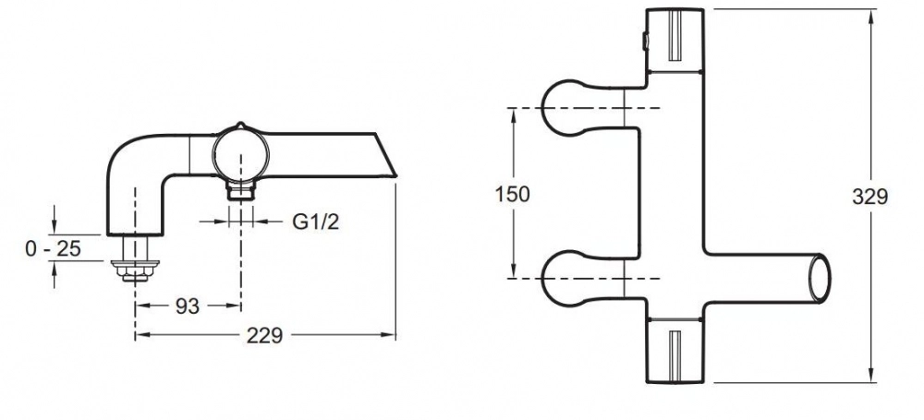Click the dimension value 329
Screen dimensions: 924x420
click(x=869, y=197)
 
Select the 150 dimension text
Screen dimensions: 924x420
click(x=513, y=194)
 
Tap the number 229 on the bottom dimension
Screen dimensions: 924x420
click(x=264, y=336)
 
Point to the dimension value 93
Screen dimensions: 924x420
click(x=188, y=306)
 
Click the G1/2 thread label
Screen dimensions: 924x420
click(x=316, y=222)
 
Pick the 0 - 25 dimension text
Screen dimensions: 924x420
click(x=53, y=248)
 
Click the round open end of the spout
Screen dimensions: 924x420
click(x=819, y=278)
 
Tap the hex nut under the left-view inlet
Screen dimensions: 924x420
click(x=135, y=270)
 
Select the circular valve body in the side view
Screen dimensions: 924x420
click(x=240, y=155)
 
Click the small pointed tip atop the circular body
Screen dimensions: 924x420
click(x=239, y=124)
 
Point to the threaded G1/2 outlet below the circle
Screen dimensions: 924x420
click(x=241, y=191)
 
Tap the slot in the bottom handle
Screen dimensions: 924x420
click(x=675, y=354)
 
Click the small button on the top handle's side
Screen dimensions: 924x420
click(x=644, y=42)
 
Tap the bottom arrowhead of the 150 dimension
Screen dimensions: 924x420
click(x=513, y=271)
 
